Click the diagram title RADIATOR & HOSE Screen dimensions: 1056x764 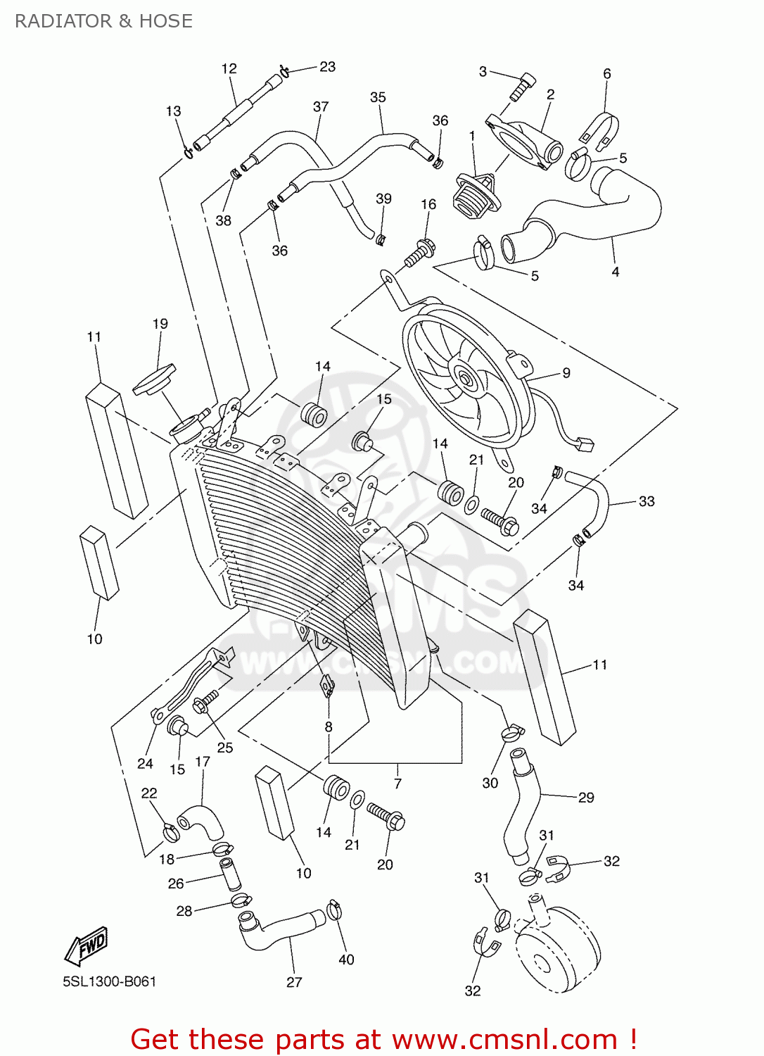103,21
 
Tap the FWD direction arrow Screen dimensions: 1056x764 87,945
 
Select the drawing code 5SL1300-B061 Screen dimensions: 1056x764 109,981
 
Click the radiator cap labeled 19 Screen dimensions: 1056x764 154,380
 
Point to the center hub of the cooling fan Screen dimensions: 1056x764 465,378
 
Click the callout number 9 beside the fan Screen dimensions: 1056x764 566,373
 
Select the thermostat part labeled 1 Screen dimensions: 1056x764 476,194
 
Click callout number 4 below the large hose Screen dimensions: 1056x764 615,272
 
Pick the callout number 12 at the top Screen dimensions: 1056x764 229,68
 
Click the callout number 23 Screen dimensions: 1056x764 327,67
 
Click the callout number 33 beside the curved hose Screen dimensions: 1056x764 646,501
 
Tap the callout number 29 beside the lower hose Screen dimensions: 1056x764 585,798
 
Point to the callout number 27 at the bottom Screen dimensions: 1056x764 294,982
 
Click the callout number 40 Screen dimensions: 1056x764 346,960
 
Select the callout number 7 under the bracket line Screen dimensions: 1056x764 397,783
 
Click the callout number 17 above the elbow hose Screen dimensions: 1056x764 203,762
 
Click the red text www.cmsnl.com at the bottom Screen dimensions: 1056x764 504,1040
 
